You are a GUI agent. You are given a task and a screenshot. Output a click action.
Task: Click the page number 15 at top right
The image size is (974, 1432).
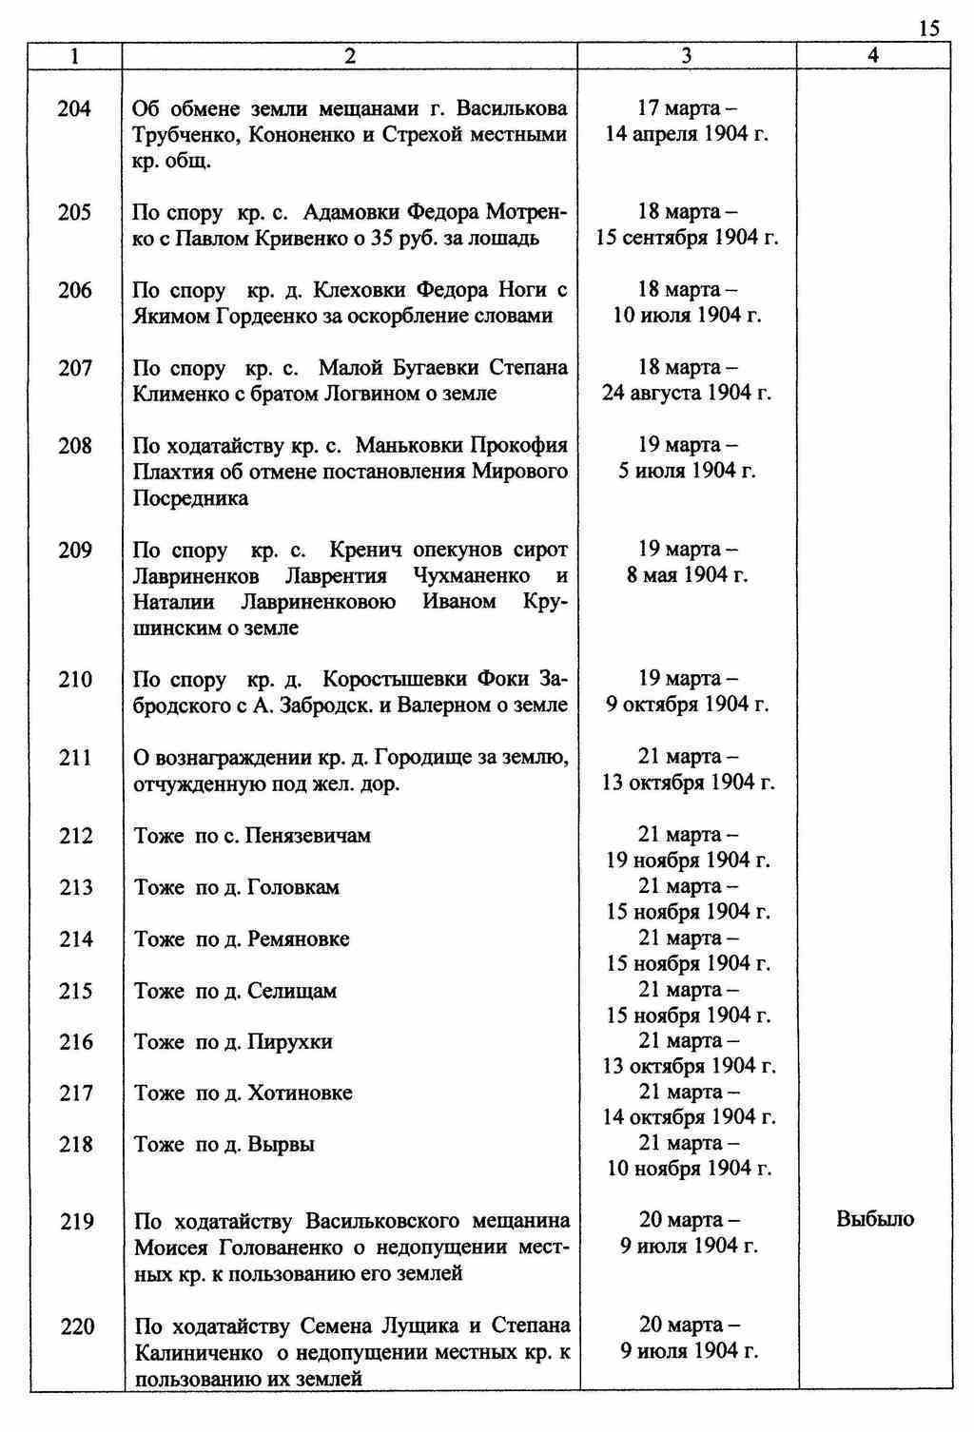929,29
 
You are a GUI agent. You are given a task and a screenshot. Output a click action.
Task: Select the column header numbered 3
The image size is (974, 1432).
687,56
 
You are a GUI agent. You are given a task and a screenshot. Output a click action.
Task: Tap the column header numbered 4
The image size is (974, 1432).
873,56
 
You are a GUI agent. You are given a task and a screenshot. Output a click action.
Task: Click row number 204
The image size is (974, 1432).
74,109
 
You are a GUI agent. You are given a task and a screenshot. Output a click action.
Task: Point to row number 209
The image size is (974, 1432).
74,550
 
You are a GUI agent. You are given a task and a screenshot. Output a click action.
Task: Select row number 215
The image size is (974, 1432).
74,991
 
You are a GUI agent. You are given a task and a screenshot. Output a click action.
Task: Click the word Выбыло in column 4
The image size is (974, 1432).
875,1219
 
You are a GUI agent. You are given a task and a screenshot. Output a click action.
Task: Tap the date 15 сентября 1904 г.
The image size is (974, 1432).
687,238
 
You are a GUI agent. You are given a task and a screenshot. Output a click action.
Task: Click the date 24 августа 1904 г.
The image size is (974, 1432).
687,393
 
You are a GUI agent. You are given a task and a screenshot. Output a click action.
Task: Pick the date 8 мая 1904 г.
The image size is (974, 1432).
687,575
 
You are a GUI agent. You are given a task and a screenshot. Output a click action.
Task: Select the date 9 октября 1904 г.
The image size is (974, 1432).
687,705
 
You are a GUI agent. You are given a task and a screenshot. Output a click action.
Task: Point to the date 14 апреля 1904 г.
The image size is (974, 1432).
687,134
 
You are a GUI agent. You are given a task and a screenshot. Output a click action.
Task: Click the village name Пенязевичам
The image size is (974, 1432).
308,836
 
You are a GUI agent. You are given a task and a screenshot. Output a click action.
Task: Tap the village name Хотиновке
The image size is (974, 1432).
300,1093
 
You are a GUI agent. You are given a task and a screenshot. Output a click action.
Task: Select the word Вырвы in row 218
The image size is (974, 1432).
281,1145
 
